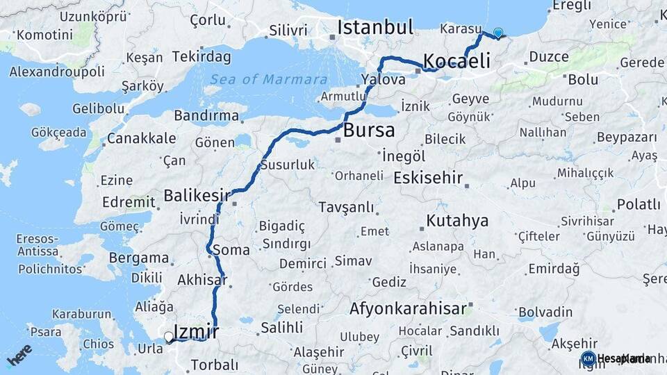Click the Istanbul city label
pos(375,28)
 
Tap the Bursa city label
pos(369,130)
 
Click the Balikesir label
pos(197,196)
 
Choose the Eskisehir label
pos(428,178)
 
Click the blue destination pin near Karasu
pos(497,33)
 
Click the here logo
pos(19,354)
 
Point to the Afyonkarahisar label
pos(408,309)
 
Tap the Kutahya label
pos(457,222)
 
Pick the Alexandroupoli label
pos(57,72)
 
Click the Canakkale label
pos(141,139)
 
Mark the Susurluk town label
pos(288,165)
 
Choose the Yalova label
pos(383,80)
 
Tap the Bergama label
pos(139,258)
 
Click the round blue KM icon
pos(588,358)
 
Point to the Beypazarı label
pos(627,137)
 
